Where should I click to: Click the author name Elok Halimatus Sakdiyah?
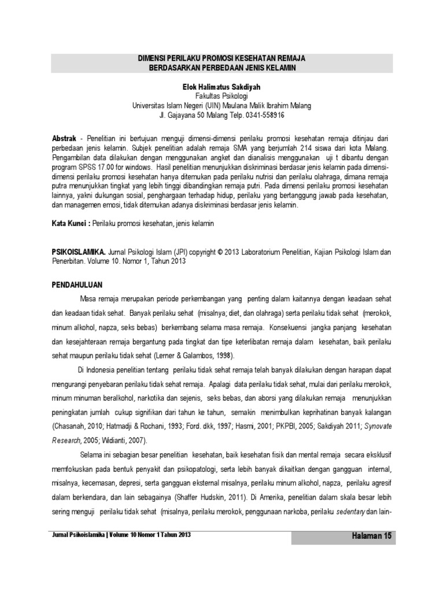coord(222,87)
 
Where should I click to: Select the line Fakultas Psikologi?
coord(222,97)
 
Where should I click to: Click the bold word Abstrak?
coord(64,140)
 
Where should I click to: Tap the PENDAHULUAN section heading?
coord(77,284)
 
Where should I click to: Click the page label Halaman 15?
coord(372,537)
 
